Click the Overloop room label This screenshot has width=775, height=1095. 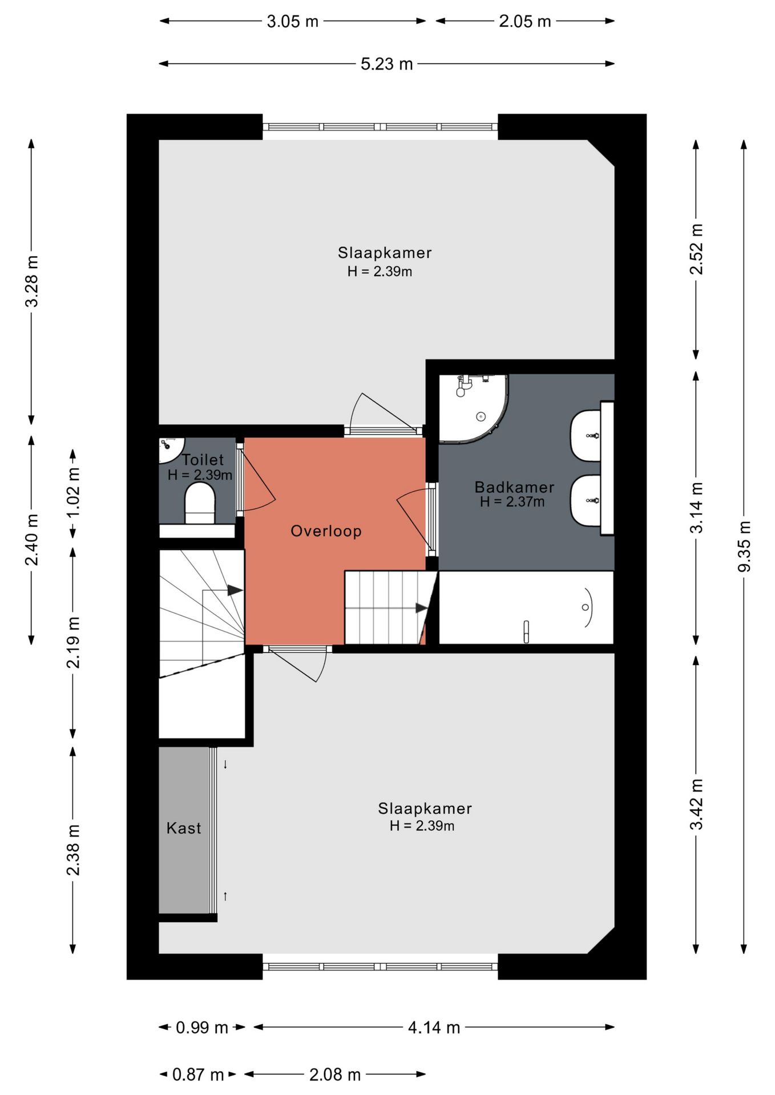(326, 531)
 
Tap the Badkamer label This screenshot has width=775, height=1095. (514, 487)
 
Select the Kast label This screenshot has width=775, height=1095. (184, 828)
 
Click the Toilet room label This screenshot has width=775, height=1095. (203, 460)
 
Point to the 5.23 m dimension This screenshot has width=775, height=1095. (386, 64)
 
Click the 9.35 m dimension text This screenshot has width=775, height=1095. (744, 546)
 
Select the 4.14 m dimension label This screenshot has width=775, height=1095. (434, 1027)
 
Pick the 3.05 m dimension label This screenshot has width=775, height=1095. (292, 22)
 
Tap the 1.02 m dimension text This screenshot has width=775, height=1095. (73, 492)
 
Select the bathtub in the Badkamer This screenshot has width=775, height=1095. (526, 607)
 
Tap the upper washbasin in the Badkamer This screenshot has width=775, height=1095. (586, 436)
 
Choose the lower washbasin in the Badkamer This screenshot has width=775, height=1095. (586, 501)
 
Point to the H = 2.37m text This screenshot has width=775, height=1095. (512, 502)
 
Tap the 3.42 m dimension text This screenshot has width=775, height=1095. (696, 804)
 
